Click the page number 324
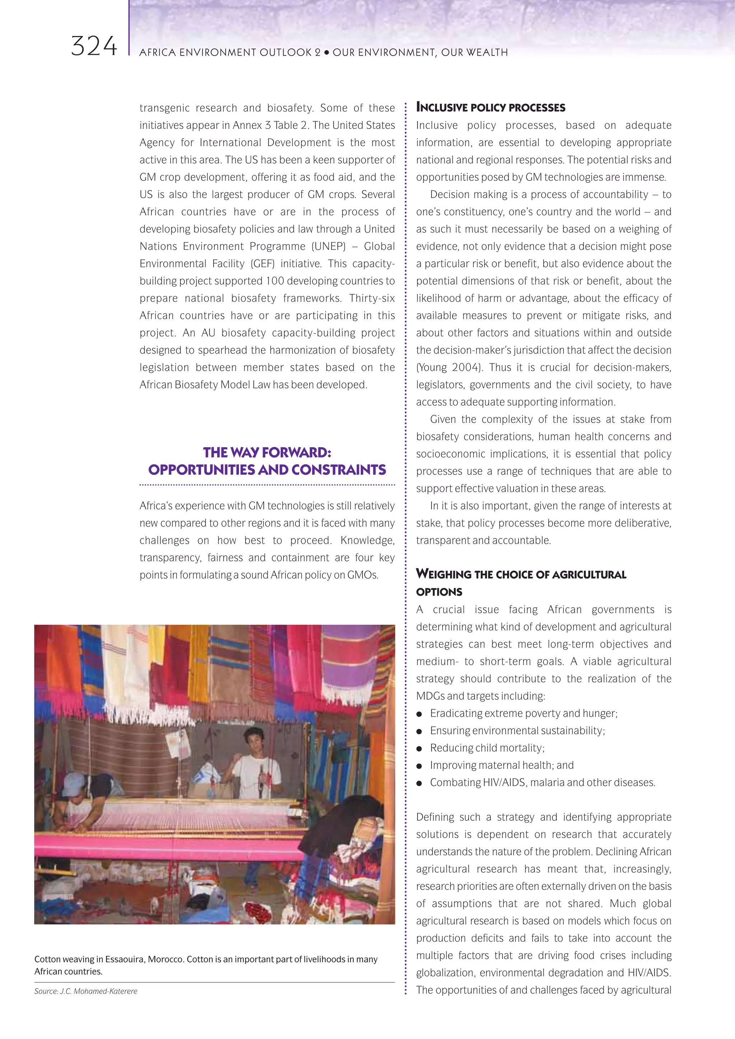tap(94, 47)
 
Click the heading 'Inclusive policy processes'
tap(491, 108)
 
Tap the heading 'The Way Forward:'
tap(267, 453)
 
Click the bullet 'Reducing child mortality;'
tap(487, 748)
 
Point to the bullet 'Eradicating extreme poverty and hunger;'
tap(524, 713)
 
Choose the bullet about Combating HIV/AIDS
tap(542, 783)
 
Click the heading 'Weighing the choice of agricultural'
tap(521, 575)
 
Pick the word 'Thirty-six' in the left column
tap(371, 299)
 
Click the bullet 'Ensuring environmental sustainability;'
tap(517, 731)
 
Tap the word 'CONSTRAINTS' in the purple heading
tap(338, 470)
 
